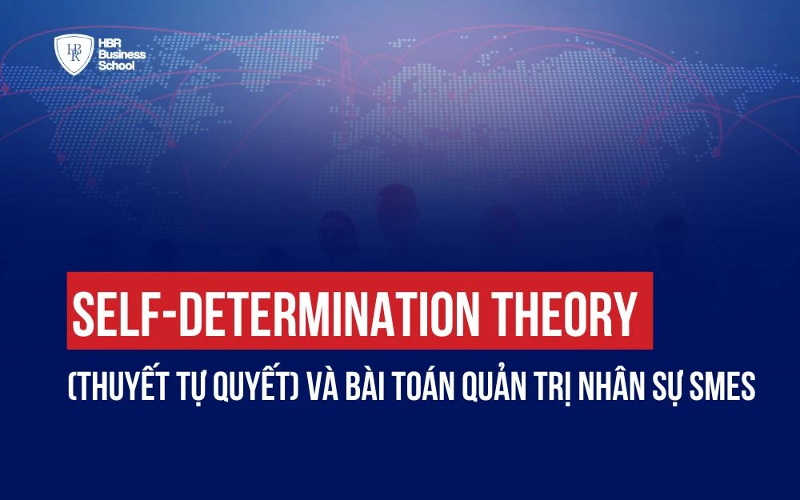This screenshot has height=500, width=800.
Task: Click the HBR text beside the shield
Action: [x=108, y=41]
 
